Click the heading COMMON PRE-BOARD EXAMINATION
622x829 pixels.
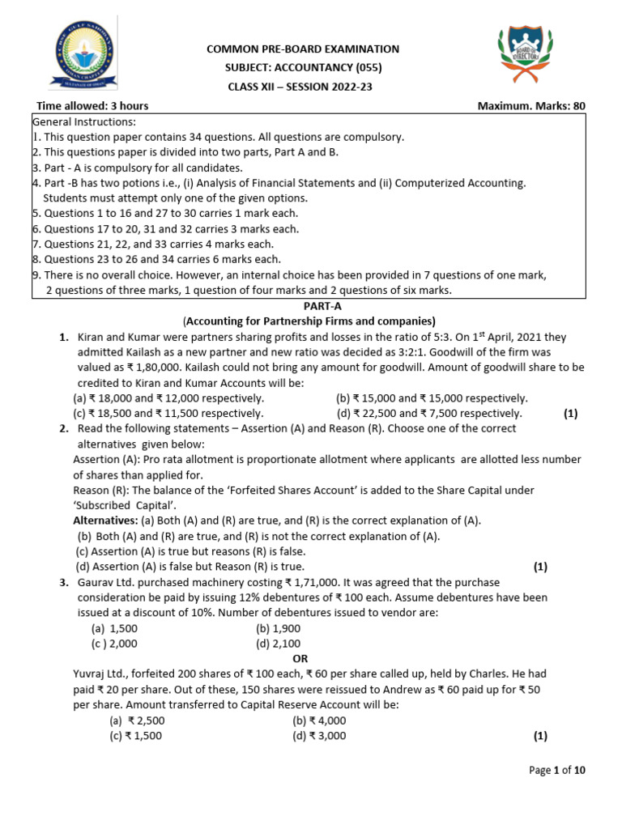point(303,49)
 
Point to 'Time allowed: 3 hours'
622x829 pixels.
point(92,106)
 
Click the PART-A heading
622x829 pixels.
point(310,304)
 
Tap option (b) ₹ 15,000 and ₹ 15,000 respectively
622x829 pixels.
point(432,398)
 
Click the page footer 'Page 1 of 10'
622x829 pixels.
point(556,771)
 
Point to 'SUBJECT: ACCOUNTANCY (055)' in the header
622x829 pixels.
point(303,68)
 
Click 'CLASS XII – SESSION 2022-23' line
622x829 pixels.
point(303,87)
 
